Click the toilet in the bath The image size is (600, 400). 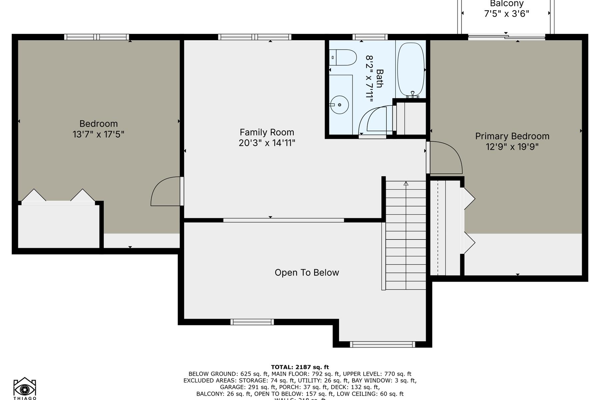coord(343,57)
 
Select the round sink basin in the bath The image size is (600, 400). coord(339,105)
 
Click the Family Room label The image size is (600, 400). coord(267,132)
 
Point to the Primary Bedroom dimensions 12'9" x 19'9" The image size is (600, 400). coord(512,147)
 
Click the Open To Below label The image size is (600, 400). coord(307,273)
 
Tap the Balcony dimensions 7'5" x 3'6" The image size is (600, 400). coord(506,14)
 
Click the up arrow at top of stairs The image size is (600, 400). coord(406,184)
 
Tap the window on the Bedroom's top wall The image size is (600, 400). coord(97,37)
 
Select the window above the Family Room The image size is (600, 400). coord(255,37)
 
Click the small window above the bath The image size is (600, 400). coord(370,37)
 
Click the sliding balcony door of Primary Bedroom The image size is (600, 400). coord(506,37)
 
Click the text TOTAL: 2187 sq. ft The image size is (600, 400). coord(300,367)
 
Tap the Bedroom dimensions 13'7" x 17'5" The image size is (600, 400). coord(98,134)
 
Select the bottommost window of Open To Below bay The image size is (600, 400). coord(382,344)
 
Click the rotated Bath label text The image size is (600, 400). coord(379,78)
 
